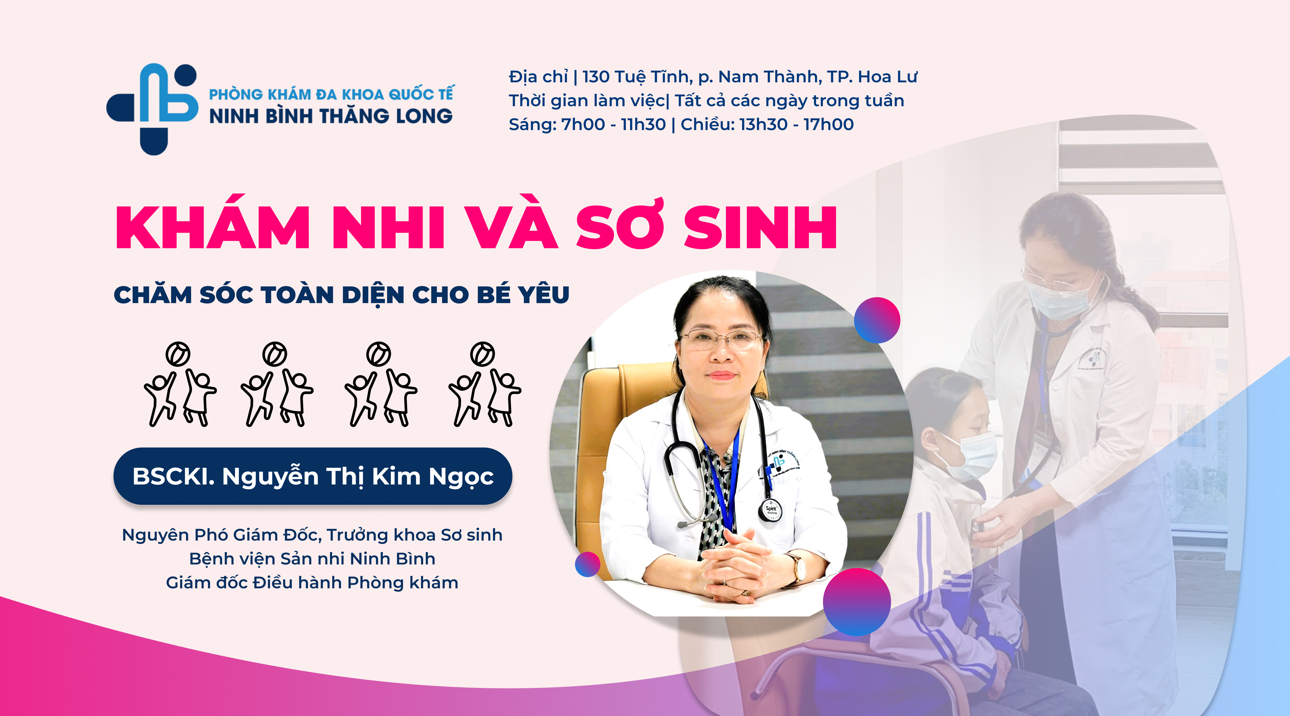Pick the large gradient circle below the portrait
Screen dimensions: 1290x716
857,602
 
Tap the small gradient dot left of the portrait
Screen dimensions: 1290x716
587,564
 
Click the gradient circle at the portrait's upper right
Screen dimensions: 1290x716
877,320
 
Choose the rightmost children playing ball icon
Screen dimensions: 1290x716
484,384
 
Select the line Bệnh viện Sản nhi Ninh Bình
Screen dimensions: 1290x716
312,559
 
